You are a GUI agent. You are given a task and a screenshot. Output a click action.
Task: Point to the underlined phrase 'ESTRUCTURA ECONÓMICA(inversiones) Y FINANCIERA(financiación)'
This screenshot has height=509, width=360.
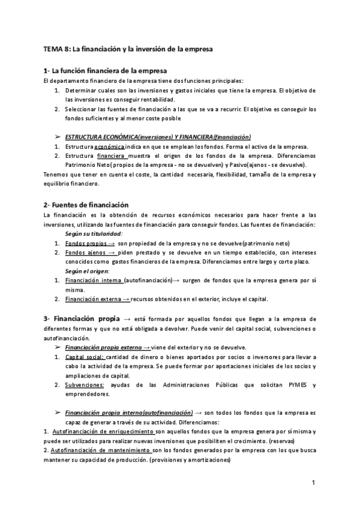[x=158, y=137]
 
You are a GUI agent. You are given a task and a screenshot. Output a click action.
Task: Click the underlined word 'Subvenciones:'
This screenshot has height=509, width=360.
[x=85, y=385]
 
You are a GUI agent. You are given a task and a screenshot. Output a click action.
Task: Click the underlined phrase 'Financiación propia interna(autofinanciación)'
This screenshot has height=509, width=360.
[x=128, y=413]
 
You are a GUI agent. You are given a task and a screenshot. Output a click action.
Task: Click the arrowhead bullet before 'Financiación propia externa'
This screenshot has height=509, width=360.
[x=58, y=347]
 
